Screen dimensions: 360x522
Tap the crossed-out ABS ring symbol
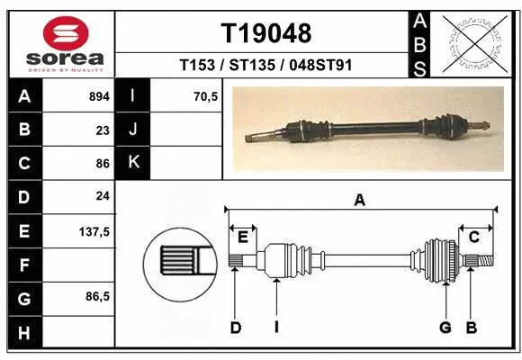[x=474, y=41]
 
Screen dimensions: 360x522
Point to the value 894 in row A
[x=97, y=96]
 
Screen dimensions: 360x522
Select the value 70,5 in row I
[x=205, y=96]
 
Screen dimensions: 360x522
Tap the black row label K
[x=132, y=163]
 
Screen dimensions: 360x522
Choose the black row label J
[x=132, y=130]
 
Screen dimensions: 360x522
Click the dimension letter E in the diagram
[x=243, y=237]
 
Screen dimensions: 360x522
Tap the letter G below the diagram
[x=445, y=328]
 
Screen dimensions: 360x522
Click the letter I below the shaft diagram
[x=276, y=328]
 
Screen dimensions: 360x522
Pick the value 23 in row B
[x=102, y=130]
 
